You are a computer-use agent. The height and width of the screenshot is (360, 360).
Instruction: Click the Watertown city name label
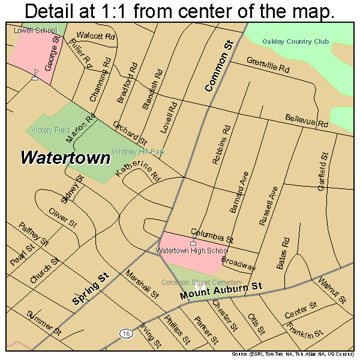(x=66, y=158)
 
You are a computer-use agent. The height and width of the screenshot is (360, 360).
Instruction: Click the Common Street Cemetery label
(x=201, y=283)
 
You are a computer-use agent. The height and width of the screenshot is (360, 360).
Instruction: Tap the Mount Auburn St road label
(x=222, y=292)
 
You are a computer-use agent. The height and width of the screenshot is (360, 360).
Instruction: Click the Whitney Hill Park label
(x=138, y=152)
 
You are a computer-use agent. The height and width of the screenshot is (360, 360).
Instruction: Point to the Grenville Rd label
(x=268, y=65)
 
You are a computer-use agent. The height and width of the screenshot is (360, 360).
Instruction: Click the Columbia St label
(x=212, y=235)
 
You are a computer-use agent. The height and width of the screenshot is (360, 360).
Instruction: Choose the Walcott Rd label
(x=95, y=37)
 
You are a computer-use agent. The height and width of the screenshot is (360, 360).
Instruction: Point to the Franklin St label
(x=305, y=328)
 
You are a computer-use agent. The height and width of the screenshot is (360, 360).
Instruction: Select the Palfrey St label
(x=33, y=234)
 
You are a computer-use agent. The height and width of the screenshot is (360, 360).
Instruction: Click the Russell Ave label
(x=268, y=205)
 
